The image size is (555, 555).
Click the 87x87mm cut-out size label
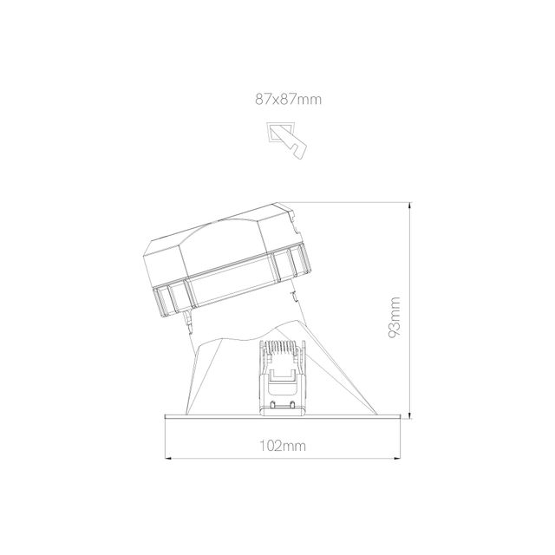tap(288, 100)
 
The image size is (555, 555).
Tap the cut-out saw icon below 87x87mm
tap(288, 138)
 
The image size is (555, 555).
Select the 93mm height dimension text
tap(395, 317)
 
